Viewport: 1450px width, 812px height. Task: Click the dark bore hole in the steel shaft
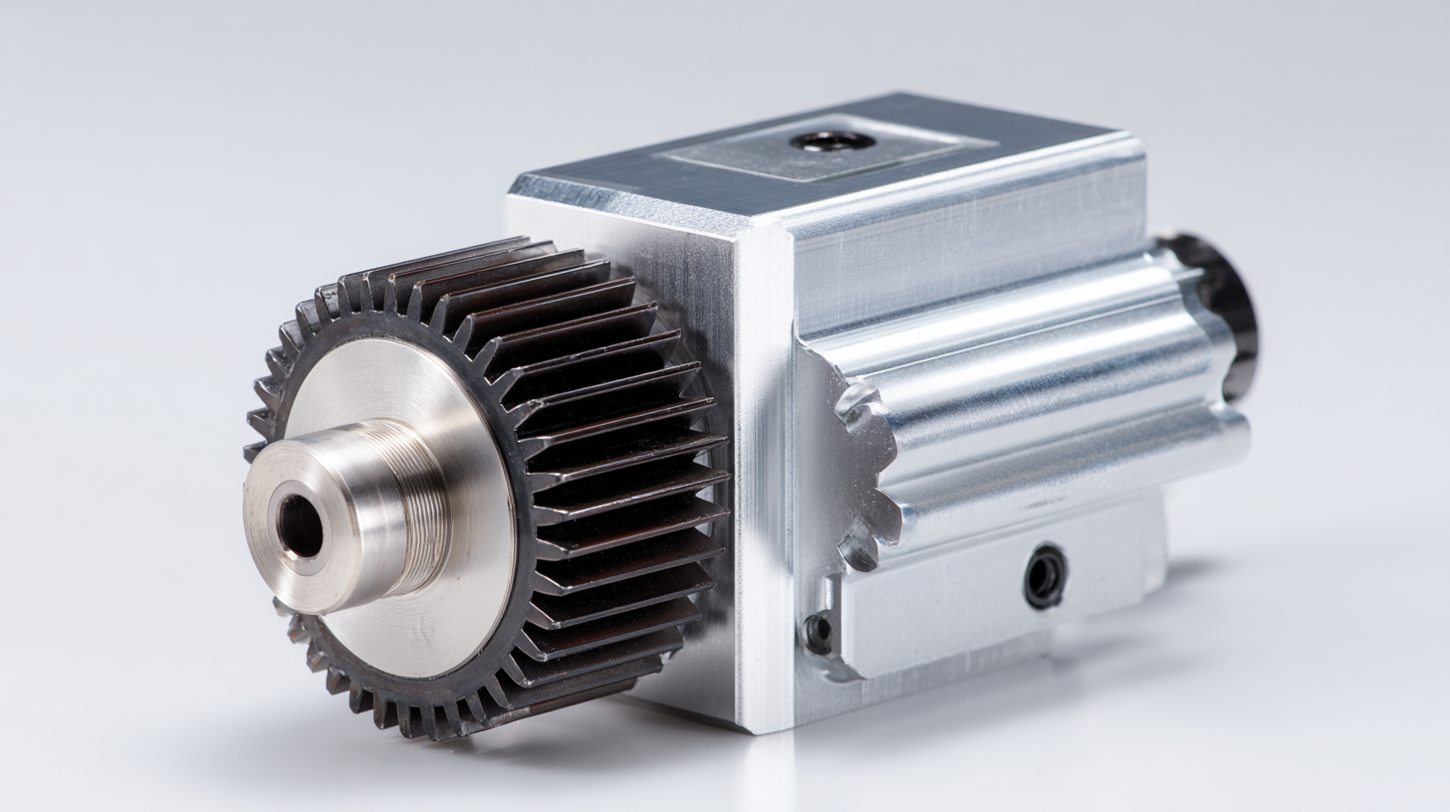point(300,525)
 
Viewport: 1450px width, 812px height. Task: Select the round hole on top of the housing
point(833,140)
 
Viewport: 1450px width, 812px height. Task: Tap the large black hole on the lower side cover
point(1045,576)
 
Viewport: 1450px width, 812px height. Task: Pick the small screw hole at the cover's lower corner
point(819,633)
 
